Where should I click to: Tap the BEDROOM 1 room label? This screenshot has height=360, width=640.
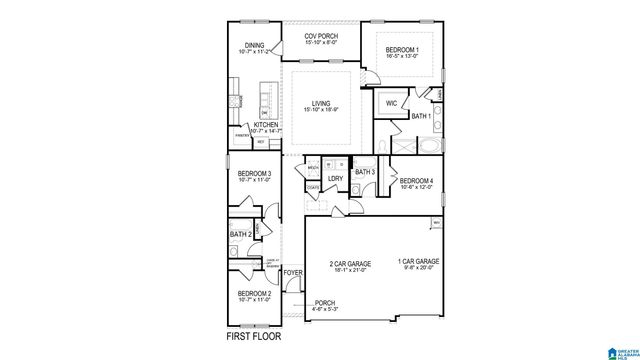(x=404, y=50)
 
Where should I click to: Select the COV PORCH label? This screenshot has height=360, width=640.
(x=323, y=36)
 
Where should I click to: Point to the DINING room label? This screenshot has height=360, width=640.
(x=254, y=45)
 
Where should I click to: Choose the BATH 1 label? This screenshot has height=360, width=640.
(x=420, y=117)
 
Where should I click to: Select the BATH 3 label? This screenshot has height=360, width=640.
(x=364, y=172)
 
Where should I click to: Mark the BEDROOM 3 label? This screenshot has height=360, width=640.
(x=254, y=174)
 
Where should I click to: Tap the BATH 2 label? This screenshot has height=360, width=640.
(x=239, y=234)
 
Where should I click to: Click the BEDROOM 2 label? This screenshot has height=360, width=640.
(x=254, y=293)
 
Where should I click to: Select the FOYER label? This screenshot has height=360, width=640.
(x=293, y=271)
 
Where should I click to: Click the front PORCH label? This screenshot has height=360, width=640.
(x=324, y=302)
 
